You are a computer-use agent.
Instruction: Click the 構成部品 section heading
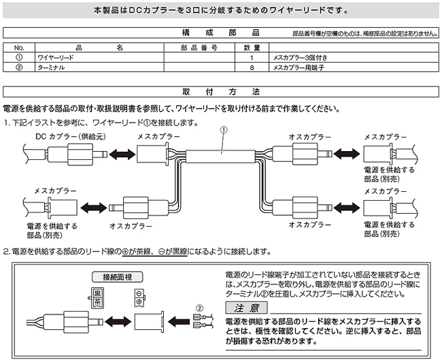(220, 33)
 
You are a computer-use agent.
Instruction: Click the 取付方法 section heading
(220, 92)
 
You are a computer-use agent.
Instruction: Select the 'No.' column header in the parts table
(19, 48)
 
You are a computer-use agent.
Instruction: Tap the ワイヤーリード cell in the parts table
(56, 58)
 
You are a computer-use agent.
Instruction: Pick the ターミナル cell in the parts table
(51, 67)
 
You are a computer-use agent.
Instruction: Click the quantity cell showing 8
(252, 67)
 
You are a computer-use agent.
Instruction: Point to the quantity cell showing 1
(252, 58)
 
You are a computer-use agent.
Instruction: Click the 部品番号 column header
(199, 48)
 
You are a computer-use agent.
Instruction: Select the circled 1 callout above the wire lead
(224, 130)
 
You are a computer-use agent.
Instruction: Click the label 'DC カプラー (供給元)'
(71, 137)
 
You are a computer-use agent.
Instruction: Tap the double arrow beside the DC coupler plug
(122, 154)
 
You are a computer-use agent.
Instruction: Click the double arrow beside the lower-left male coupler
(94, 208)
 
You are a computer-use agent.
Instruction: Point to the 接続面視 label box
(117, 277)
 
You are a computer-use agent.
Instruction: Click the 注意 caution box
(246, 308)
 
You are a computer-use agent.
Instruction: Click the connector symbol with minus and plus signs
(139, 297)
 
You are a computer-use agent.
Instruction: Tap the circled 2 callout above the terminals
(199, 308)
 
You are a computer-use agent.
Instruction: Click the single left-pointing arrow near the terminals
(179, 321)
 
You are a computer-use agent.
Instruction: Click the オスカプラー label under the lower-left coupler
(131, 226)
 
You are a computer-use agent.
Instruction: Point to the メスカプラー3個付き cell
(300, 58)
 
